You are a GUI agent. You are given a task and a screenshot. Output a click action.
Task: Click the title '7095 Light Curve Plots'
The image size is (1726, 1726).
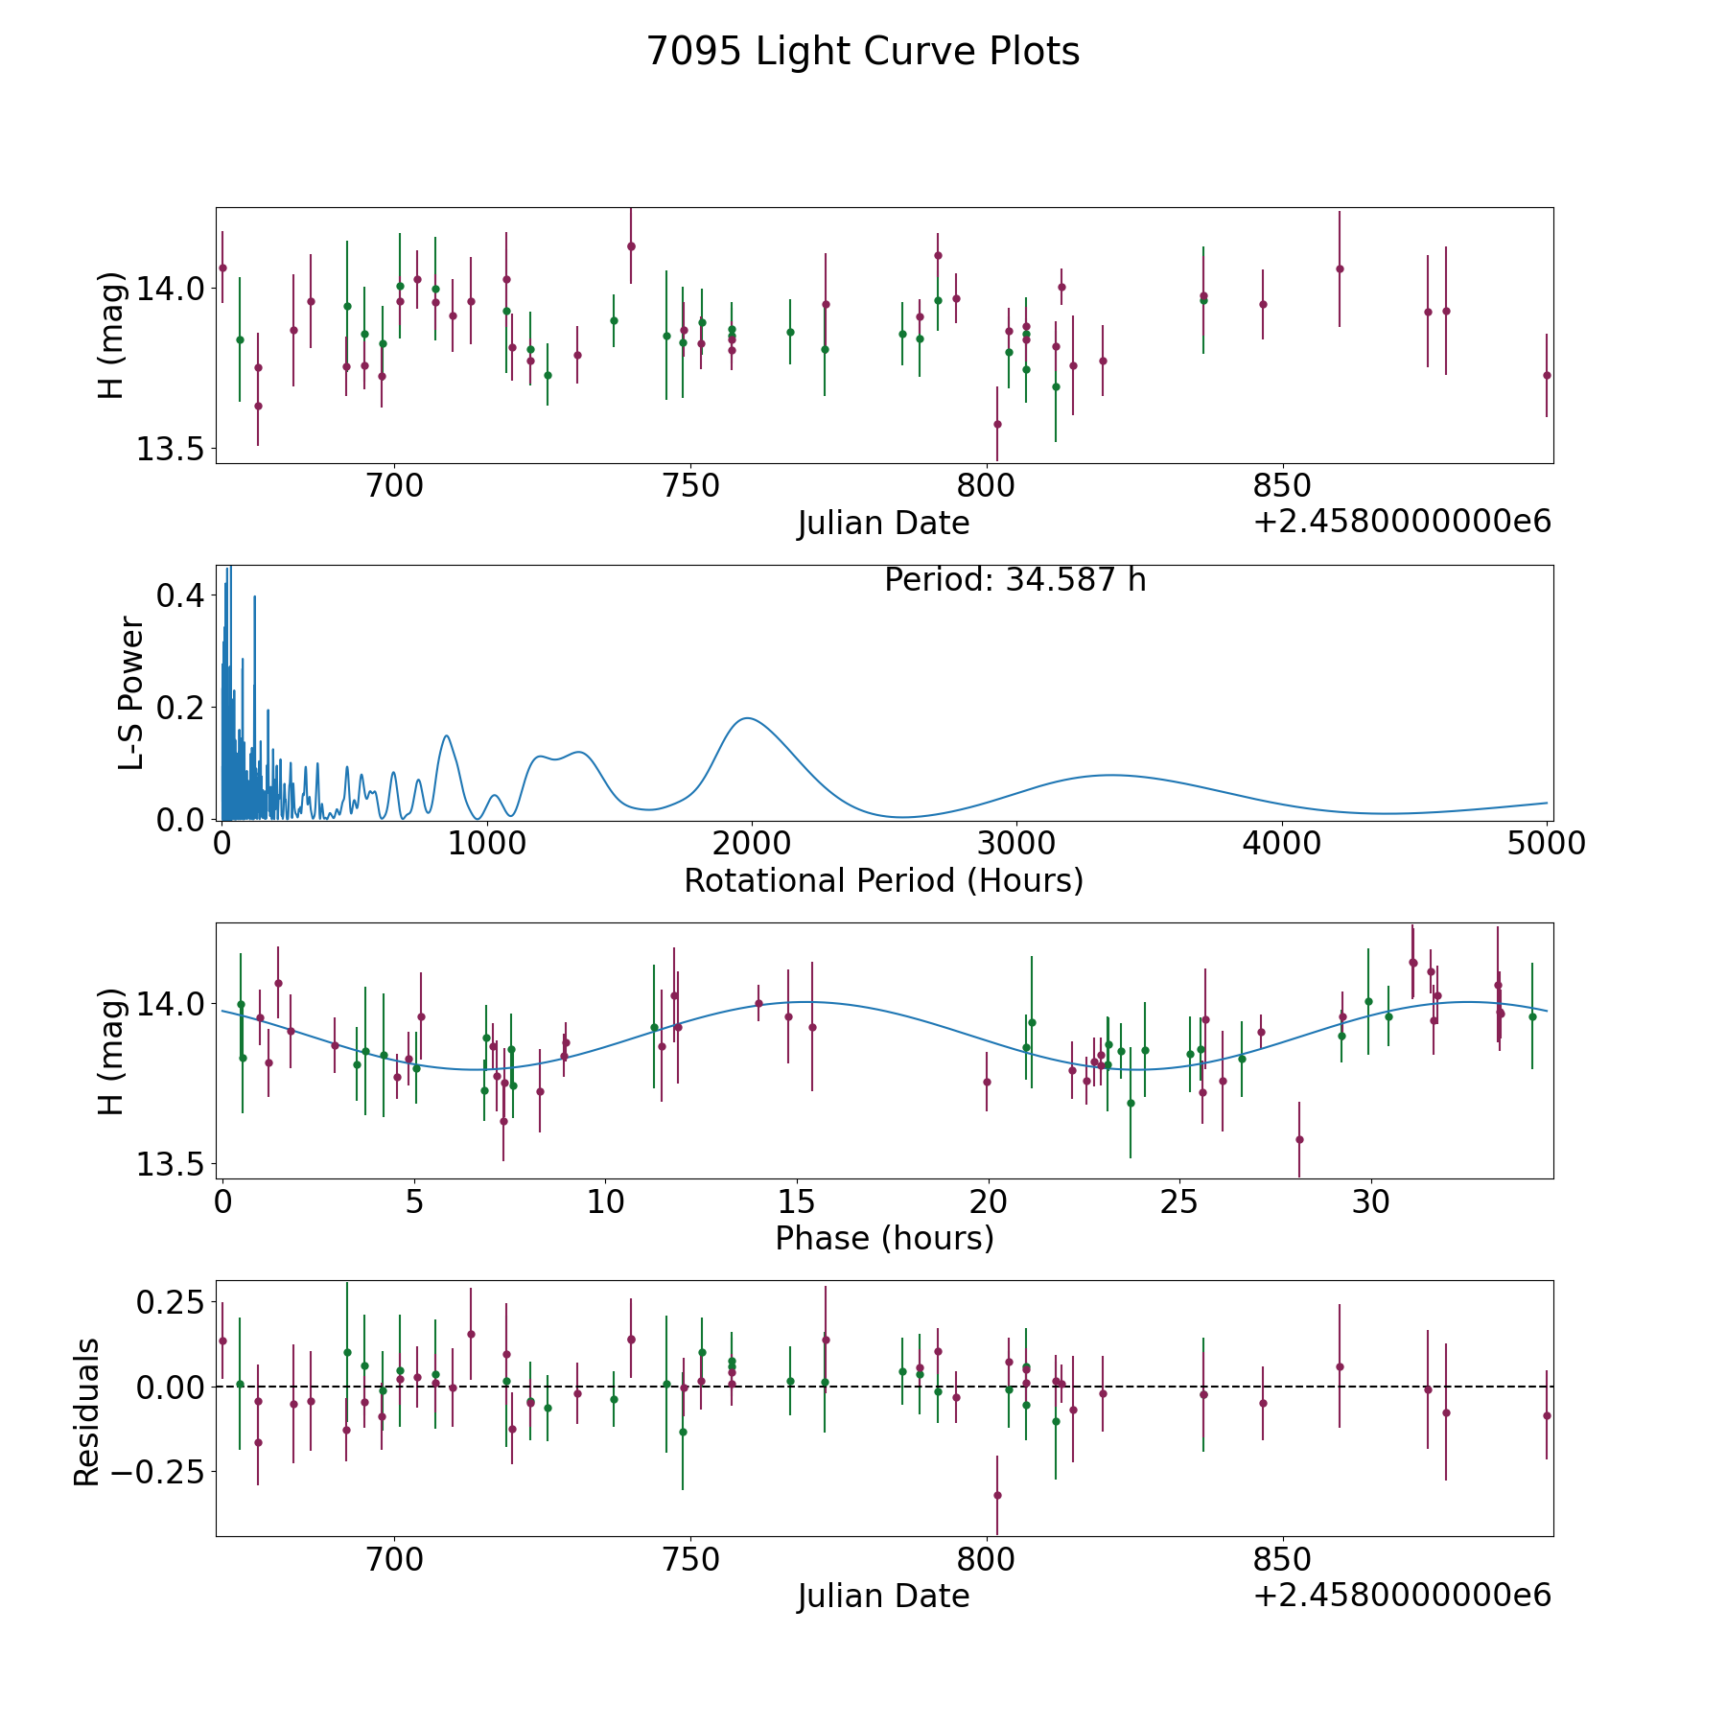click(x=863, y=52)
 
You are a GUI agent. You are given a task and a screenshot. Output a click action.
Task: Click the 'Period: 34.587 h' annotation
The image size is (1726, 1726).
click(x=1015, y=580)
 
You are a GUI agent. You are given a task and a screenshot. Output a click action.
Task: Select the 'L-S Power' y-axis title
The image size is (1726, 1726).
click(x=131, y=692)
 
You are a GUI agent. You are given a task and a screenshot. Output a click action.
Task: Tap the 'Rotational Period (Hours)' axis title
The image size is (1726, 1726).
click(x=883, y=880)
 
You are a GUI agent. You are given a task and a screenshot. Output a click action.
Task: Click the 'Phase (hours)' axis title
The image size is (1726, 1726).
click(x=884, y=1238)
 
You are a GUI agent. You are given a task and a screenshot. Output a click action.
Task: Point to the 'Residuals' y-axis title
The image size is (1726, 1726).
click(x=87, y=1412)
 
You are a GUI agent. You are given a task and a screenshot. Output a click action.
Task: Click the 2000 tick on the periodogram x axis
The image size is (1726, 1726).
click(x=751, y=844)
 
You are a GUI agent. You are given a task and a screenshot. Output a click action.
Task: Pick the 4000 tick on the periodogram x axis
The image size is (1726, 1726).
click(x=1281, y=844)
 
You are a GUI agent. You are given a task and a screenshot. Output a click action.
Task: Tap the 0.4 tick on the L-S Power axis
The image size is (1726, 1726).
click(x=180, y=595)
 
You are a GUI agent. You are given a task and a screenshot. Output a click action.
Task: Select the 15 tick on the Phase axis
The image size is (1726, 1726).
click(x=796, y=1202)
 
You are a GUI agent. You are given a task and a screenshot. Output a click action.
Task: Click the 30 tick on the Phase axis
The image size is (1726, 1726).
click(x=1371, y=1202)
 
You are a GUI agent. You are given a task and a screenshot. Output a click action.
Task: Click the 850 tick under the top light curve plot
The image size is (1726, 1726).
click(x=1282, y=486)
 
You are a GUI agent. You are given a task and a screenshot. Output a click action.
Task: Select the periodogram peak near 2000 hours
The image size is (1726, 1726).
click(x=747, y=718)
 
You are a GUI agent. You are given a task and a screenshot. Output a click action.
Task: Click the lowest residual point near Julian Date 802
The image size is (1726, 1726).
click(x=997, y=1495)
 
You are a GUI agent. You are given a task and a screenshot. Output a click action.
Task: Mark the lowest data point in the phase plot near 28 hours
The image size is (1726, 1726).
click(x=1299, y=1139)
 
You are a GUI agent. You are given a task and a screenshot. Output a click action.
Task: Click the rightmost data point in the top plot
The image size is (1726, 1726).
click(x=1546, y=375)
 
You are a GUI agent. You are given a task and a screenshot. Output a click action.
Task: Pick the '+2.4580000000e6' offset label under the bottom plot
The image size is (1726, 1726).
click(x=1401, y=1595)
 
